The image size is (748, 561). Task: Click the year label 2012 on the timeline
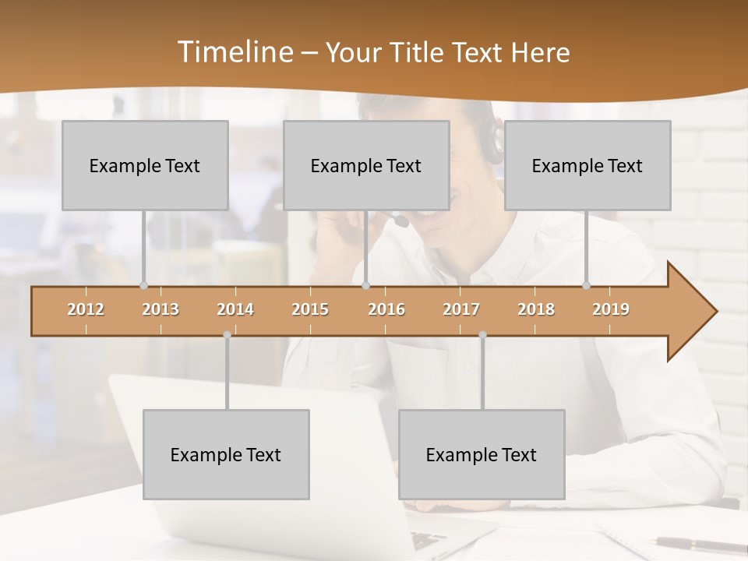pos(86,309)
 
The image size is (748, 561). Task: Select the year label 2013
pos(161,309)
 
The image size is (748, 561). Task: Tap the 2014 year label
pos(235,309)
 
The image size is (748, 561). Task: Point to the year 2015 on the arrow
pos(310,309)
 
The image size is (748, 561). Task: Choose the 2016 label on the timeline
pos(386,309)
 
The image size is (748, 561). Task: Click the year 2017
pos(461,309)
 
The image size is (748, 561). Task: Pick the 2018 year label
pos(536,309)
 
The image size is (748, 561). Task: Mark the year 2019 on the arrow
pos(611,309)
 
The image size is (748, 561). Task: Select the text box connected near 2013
pos(145,165)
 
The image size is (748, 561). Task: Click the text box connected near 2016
pos(366,165)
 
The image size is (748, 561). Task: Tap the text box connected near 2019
pos(587,165)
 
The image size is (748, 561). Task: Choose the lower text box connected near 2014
pos(226,454)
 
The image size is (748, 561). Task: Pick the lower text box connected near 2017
pos(482,454)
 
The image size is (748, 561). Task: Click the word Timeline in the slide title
pos(235,52)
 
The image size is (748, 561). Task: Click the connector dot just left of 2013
pos(143,285)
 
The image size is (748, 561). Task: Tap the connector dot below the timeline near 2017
pos(482,335)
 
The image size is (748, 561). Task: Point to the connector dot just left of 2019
pos(586,285)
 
